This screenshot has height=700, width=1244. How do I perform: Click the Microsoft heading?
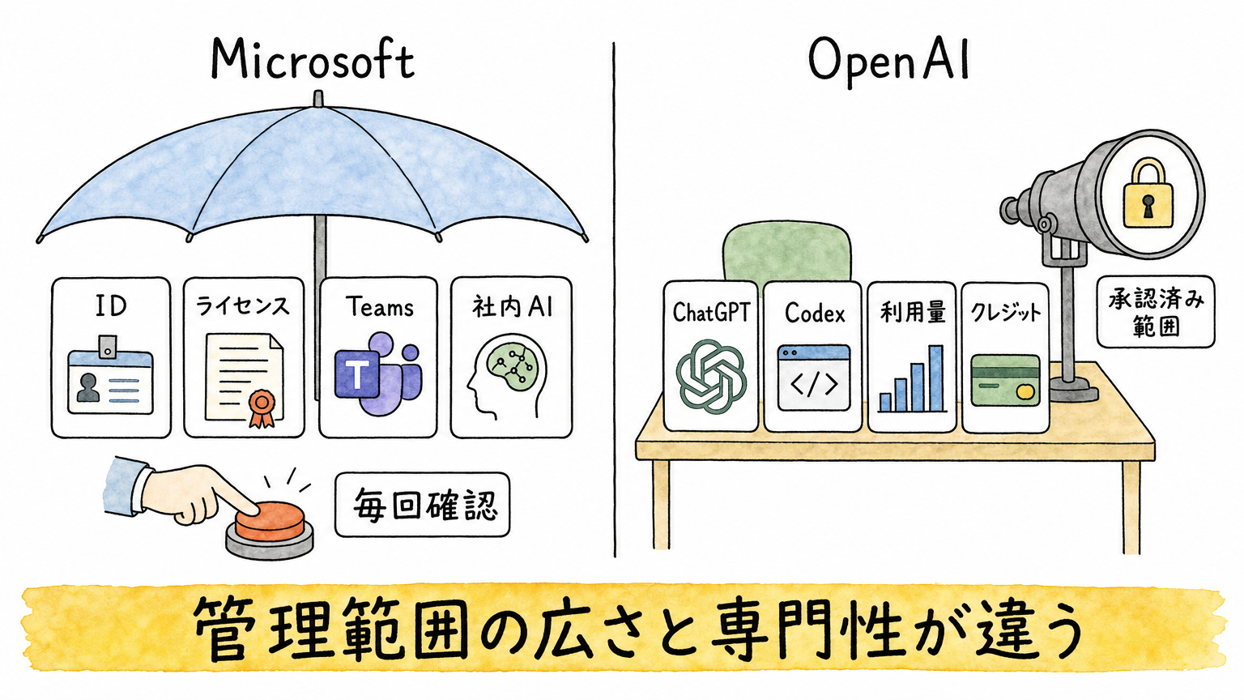313,60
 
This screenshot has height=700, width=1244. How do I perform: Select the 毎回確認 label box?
422,505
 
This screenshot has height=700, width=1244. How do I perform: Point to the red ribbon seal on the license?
262,408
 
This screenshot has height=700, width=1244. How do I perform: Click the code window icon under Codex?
814,378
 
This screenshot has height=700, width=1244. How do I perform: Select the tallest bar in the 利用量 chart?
935,378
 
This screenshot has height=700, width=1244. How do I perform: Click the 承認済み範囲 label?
1156,312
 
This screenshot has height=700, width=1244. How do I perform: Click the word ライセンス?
243,306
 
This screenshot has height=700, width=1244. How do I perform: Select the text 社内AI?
512,306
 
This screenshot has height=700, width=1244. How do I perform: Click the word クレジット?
1005,313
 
